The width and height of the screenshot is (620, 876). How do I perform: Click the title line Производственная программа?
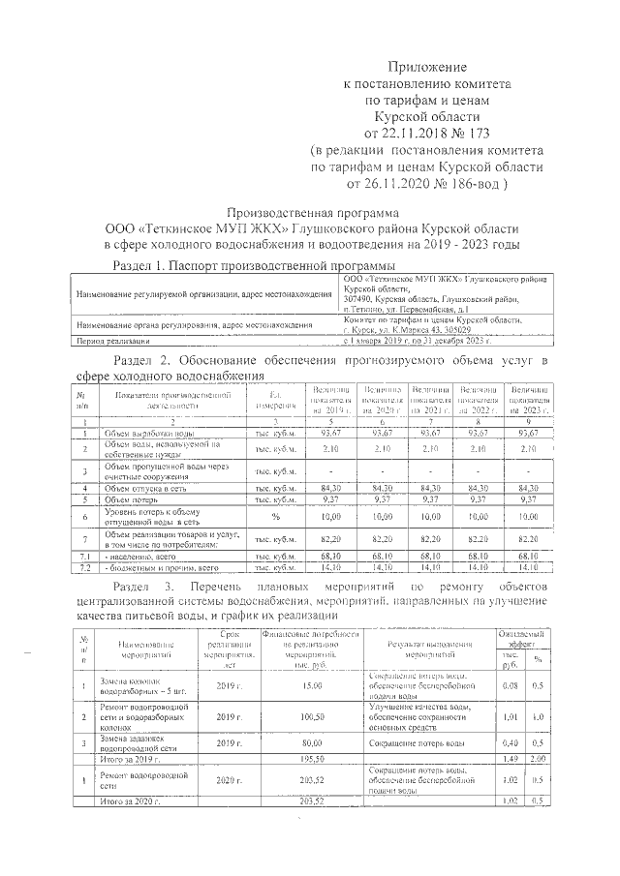pyautogui.click(x=312, y=213)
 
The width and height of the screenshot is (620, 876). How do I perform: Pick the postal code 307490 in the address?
pyautogui.click(x=360, y=298)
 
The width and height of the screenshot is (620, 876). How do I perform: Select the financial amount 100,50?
pyautogui.click(x=311, y=717)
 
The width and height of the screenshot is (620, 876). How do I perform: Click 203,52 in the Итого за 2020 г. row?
pyautogui.click(x=311, y=801)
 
